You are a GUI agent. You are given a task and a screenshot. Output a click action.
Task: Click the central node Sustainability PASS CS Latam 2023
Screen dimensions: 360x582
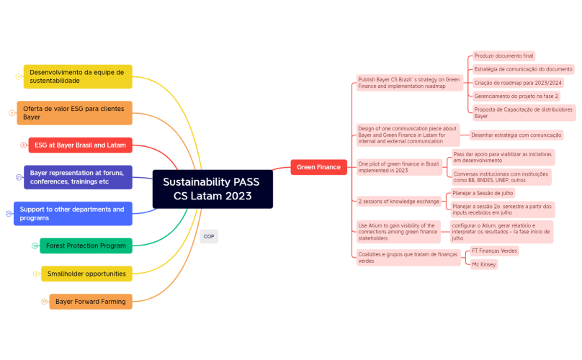tap(212, 189)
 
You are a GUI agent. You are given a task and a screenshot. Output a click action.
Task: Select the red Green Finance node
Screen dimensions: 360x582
tap(318, 167)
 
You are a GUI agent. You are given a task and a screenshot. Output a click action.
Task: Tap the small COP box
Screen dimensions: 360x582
tap(209, 236)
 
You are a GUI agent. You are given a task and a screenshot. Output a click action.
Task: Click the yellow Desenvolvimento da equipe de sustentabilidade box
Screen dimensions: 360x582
tap(78, 76)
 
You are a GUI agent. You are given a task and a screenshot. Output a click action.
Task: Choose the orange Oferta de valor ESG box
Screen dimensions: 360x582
tap(74, 112)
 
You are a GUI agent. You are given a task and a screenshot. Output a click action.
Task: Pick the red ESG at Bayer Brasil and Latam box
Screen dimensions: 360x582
tap(80, 145)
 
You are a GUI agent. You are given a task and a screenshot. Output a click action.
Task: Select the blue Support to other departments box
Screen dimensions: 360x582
tap(73, 213)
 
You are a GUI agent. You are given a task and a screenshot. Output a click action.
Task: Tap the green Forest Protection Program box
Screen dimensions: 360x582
tap(86, 246)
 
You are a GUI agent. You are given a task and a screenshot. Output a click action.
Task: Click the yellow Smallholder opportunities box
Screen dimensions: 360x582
tap(86, 274)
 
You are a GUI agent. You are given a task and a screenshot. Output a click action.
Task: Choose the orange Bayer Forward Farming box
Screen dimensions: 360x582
tap(91, 301)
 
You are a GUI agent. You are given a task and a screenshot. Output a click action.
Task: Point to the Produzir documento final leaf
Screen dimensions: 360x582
tap(503, 56)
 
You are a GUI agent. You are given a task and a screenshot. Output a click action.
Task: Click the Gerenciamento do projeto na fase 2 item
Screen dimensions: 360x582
tap(516, 96)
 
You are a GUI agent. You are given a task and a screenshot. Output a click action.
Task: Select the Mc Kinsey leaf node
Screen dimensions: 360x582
tap(483, 264)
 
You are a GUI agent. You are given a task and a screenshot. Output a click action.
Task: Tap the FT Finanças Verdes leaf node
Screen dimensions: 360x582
tap(494, 251)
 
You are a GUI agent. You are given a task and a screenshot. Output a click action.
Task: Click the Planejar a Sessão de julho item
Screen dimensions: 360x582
tap(483, 194)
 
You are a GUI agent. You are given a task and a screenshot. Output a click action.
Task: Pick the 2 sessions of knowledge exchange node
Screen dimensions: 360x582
tap(399, 201)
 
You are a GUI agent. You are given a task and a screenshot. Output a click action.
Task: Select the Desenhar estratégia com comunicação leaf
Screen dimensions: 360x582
tap(516, 135)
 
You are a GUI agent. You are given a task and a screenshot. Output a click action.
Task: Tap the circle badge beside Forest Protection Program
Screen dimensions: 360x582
tap(34, 246)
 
